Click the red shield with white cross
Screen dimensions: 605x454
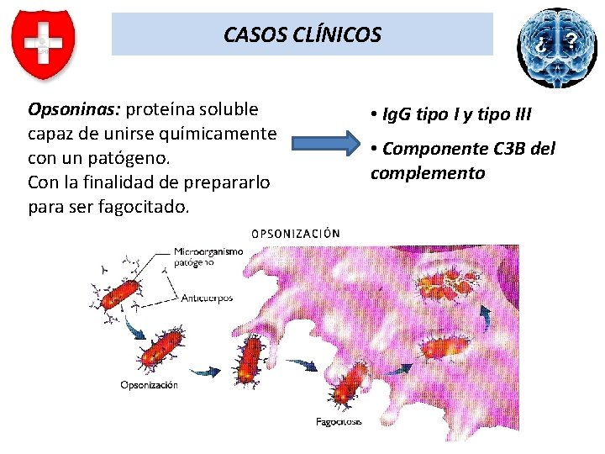click(x=43, y=44)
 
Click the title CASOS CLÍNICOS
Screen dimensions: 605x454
click(x=302, y=34)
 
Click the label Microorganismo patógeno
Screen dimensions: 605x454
click(x=208, y=256)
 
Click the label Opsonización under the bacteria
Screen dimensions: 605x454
click(x=149, y=385)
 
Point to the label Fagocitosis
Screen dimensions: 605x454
click(x=339, y=421)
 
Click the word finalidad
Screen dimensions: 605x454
click(x=125, y=182)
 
